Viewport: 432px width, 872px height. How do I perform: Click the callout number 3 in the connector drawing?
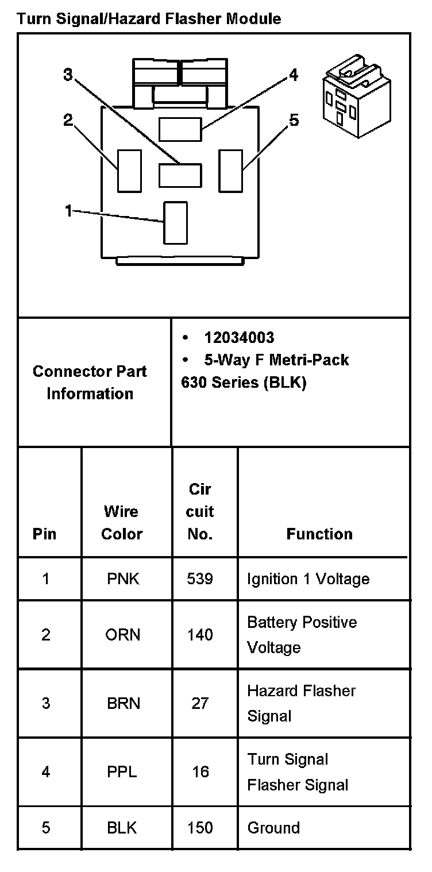[x=68, y=75]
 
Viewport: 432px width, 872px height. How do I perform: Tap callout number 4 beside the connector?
[x=294, y=75]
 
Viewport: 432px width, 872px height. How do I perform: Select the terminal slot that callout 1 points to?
[x=175, y=222]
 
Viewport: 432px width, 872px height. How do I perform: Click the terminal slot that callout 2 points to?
[x=129, y=171]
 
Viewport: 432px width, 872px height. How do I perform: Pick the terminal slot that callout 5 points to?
[x=231, y=171]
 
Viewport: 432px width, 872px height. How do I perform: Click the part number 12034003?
[x=239, y=337]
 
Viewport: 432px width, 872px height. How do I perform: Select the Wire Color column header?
[x=122, y=522]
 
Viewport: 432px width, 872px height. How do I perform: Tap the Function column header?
[x=319, y=534]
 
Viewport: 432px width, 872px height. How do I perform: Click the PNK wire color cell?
[x=123, y=578]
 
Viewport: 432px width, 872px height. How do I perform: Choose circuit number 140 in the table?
[x=200, y=635]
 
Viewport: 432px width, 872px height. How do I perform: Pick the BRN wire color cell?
[x=123, y=703]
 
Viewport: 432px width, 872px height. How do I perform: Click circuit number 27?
[x=200, y=703]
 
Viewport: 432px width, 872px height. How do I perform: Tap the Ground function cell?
[x=273, y=828]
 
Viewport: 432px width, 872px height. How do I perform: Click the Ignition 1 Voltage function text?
[x=308, y=578]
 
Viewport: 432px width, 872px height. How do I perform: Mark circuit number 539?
[x=200, y=578]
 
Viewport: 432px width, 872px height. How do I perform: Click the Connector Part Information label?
[x=90, y=382]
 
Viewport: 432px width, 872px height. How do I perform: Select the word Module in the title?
[x=253, y=19]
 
